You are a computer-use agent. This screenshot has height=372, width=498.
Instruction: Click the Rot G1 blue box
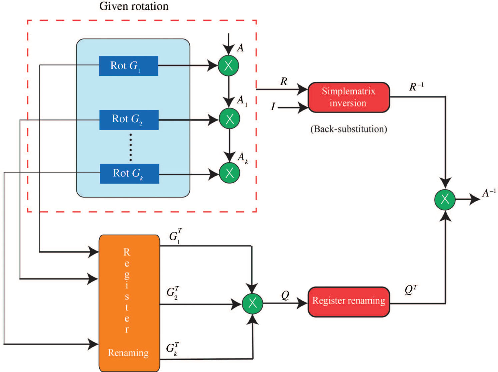[128, 66]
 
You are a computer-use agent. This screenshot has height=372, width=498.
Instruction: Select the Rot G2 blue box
[129, 120]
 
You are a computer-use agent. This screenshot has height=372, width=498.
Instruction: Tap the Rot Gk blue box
[129, 174]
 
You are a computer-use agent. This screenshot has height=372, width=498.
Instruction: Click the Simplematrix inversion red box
[349, 97]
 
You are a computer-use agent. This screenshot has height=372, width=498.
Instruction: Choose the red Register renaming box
[349, 302]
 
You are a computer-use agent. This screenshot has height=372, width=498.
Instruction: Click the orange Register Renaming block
[129, 303]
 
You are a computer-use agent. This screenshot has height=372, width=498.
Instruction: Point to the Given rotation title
[134, 6]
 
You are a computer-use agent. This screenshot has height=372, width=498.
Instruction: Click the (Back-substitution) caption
[349, 129]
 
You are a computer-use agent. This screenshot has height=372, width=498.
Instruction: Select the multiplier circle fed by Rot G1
[228, 65]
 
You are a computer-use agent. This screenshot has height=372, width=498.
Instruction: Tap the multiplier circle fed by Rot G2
[229, 119]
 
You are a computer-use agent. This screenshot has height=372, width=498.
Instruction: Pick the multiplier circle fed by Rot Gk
[229, 173]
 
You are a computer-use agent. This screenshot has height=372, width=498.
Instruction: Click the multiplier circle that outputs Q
[252, 303]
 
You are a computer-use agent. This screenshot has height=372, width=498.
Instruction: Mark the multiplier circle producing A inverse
[445, 199]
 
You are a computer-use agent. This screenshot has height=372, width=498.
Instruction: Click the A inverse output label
[489, 193]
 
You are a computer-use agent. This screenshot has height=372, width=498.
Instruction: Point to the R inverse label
[416, 87]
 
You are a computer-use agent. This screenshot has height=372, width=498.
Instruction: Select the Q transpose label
[411, 290]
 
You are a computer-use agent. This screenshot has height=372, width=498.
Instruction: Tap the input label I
[273, 107]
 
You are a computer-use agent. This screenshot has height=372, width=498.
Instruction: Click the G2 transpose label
[173, 292]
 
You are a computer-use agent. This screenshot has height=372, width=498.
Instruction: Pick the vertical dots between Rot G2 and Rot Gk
[131, 147]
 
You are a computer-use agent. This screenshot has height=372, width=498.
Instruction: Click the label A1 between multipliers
[242, 101]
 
